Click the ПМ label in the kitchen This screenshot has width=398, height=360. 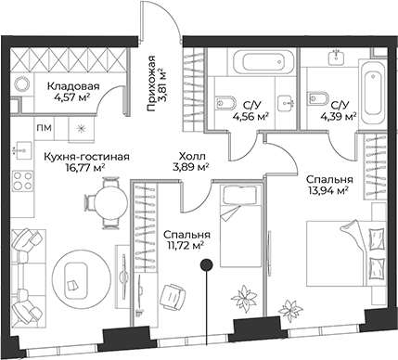coord(45,127)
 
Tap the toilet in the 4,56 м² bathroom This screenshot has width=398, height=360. coord(222,101)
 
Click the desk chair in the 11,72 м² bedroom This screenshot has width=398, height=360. coord(173,295)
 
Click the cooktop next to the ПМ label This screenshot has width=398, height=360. coord(82,127)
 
